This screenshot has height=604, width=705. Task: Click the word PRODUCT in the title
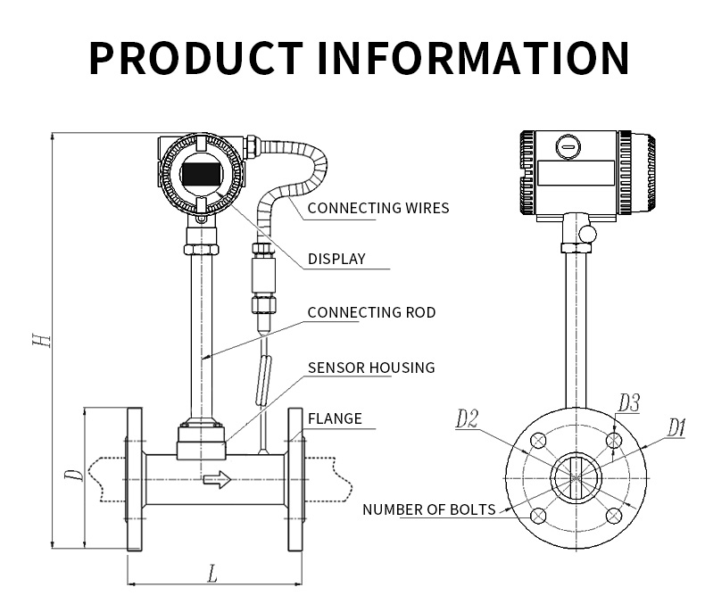point(195,56)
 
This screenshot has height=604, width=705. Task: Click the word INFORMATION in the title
point(474,56)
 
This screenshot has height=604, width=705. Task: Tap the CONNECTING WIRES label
point(377,208)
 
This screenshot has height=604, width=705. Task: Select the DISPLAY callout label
point(336,259)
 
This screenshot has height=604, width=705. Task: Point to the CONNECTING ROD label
point(371,312)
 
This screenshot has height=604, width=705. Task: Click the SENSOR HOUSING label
point(371,367)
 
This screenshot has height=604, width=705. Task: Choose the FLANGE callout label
point(335,418)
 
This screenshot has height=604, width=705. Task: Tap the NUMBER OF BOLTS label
point(428,509)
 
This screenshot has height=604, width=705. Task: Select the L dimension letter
point(212,574)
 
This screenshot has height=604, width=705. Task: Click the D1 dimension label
point(676,428)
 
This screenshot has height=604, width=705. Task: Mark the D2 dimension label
point(467,418)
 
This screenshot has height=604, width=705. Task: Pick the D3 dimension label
point(628,403)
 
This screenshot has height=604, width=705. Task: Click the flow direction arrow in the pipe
point(217,480)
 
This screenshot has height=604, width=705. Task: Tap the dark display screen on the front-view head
point(201,173)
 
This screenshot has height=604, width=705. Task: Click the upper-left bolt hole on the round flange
point(538,441)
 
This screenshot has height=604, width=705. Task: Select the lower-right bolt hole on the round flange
point(613,516)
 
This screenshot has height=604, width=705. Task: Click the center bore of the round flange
point(576,478)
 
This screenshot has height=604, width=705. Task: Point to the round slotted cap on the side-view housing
point(568,145)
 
